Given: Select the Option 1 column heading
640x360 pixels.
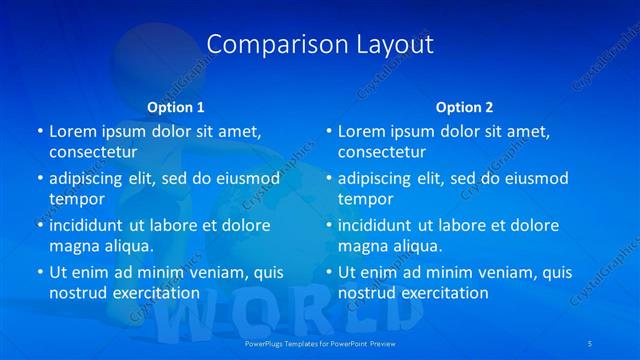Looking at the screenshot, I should (176, 107).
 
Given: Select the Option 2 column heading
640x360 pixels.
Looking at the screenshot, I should (464, 107).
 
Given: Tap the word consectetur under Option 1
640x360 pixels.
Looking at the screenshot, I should (93, 152).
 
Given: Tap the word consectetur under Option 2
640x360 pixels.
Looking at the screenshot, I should (382, 152).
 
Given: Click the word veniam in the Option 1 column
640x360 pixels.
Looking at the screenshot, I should (211, 272).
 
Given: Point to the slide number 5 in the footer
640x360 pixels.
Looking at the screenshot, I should (591, 343).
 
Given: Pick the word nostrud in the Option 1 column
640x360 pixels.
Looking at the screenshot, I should (77, 293).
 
